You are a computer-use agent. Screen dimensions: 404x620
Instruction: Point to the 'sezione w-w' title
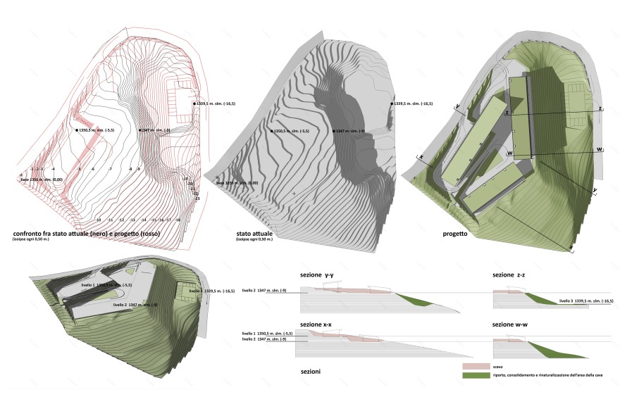click(x=514, y=324)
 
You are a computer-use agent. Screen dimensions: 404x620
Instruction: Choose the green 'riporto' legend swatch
click(x=476, y=377)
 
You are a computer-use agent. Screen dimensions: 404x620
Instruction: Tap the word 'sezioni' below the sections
click(x=312, y=370)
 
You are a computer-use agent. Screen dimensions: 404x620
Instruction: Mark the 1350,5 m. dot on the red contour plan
click(x=75, y=130)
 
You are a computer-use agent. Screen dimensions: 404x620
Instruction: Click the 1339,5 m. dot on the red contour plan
click(x=195, y=103)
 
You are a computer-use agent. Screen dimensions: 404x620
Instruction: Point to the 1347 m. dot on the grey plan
click(x=333, y=131)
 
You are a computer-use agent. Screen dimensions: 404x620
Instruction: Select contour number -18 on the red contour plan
click(x=178, y=220)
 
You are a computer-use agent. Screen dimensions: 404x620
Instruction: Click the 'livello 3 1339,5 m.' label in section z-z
click(x=586, y=301)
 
